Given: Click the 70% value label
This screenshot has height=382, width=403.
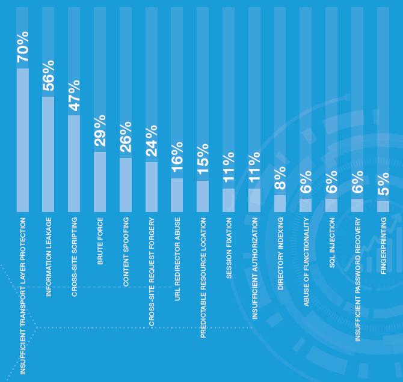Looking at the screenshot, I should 23,47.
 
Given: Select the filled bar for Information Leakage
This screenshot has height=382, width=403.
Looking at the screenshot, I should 48,154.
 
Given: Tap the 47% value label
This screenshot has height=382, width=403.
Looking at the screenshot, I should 74,95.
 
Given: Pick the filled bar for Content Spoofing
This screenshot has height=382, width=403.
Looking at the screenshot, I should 126,185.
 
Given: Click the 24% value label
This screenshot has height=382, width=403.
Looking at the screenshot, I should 152,141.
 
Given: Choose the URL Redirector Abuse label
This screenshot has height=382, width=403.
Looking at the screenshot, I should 177,259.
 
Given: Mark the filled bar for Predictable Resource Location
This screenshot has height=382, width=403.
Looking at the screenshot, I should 203,196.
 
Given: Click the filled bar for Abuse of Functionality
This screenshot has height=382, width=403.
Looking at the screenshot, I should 306,205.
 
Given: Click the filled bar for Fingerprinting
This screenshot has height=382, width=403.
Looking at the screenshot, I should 383,207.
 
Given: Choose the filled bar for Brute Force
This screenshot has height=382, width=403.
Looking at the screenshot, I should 100,182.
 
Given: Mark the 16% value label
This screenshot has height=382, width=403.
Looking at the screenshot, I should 177,157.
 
